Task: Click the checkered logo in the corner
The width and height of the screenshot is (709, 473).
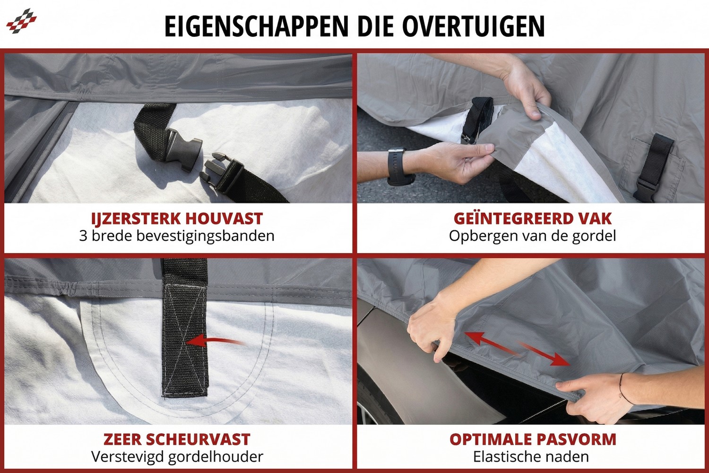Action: (21, 21)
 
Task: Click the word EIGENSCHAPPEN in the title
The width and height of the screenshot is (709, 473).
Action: (256, 26)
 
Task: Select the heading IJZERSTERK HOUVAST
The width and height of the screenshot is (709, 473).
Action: (177, 219)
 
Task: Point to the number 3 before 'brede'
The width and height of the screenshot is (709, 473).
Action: (83, 236)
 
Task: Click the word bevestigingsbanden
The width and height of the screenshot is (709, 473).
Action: (210, 236)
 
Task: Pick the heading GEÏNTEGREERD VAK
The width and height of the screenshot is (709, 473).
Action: (533, 219)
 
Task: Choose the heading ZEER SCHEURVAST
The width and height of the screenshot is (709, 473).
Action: (177, 439)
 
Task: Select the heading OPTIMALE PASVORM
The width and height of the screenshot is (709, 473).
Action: (533, 439)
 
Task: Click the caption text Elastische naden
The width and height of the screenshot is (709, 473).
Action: (531, 457)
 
